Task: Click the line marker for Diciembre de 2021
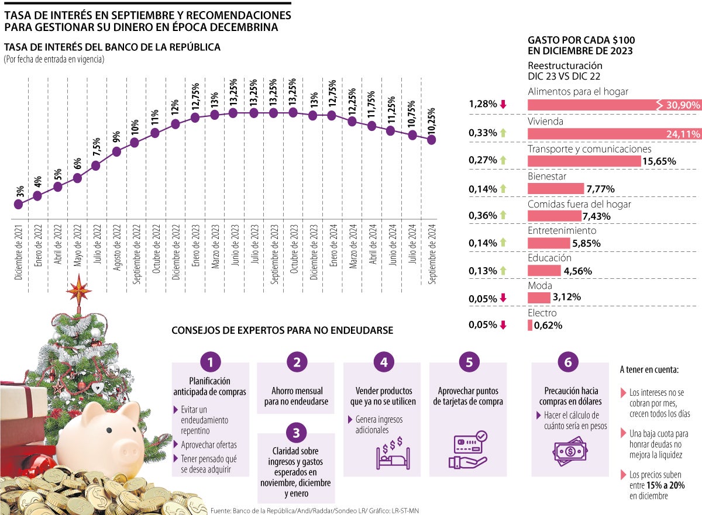[18, 204]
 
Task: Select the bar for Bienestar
[556, 188]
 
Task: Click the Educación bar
[543, 271]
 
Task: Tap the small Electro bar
[530, 324]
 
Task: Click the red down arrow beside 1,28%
[503, 105]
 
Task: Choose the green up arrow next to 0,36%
[503, 215]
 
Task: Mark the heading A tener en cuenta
[649, 369]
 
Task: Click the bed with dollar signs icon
[390, 451]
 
